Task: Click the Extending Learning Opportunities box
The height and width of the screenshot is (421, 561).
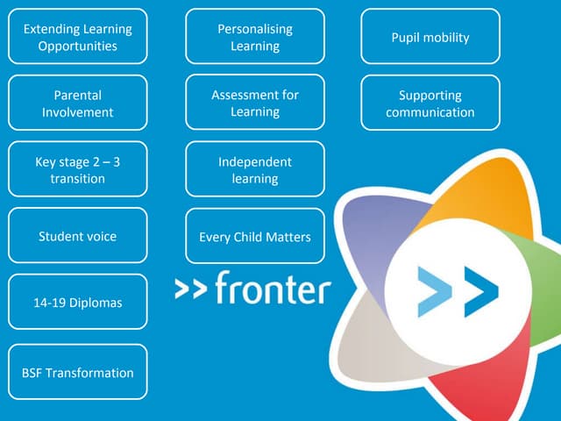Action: click(x=78, y=37)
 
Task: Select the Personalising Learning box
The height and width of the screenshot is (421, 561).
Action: click(x=255, y=37)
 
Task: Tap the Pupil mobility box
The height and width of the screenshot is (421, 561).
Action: click(x=430, y=37)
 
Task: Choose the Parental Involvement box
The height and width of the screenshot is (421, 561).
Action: click(x=78, y=103)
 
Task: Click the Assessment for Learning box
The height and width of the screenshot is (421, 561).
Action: click(x=255, y=103)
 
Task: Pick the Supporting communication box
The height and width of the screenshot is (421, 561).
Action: click(x=430, y=103)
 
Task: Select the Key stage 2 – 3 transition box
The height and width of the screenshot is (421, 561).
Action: click(x=78, y=170)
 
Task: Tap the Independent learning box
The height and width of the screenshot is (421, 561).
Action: click(x=255, y=170)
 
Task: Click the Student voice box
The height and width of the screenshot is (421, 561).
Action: click(x=78, y=236)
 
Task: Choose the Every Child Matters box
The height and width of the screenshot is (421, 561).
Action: click(x=255, y=236)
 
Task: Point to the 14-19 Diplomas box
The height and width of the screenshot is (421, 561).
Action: click(x=78, y=303)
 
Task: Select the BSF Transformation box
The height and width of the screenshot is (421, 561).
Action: click(x=78, y=372)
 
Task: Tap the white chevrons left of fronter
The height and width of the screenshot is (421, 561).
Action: click(x=190, y=288)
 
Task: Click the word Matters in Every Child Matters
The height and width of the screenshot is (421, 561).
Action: click(x=287, y=237)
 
